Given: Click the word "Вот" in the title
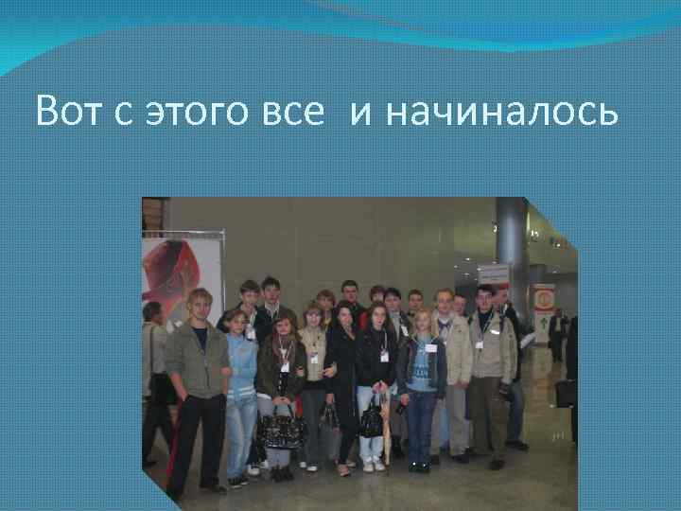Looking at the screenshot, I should click(x=68, y=114).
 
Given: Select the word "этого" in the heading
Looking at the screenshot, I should click(x=196, y=115).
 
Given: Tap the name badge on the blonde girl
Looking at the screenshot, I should click(x=430, y=347).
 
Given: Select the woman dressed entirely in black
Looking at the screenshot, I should click(x=342, y=379).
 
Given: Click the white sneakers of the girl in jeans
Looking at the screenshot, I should click(x=373, y=466).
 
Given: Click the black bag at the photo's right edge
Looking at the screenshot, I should click(x=565, y=393).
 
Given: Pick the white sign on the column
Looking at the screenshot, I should click(x=494, y=275).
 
